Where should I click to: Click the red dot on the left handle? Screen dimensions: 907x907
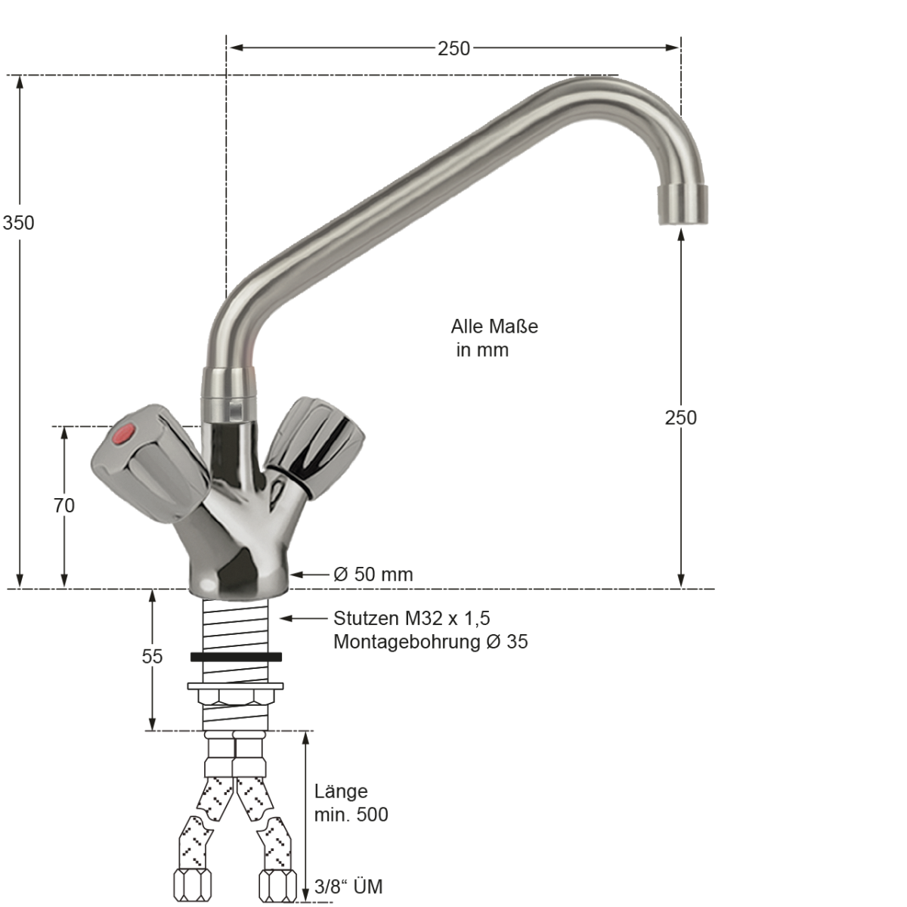pos(124,435)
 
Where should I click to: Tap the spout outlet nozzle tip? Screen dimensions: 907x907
pos(682,205)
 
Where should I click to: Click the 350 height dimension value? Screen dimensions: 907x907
pos(18,223)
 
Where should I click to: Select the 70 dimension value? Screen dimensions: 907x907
pos(64,506)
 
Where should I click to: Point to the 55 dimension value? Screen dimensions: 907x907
pos(152,657)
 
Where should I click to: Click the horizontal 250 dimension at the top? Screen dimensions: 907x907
pos(453,48)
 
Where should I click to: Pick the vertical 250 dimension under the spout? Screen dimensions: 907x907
pos(680,417)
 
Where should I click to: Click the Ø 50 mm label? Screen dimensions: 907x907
pos(373,574)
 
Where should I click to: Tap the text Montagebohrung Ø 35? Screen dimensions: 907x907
pos(430,642)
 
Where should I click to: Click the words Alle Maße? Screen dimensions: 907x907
pos(494,327)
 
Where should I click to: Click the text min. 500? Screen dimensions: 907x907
pos(351,814)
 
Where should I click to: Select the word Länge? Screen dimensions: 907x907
pos(341,791)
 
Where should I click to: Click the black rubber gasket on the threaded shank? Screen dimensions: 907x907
pos(236,657)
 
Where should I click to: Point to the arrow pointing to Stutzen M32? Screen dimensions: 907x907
pos(302,618)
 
